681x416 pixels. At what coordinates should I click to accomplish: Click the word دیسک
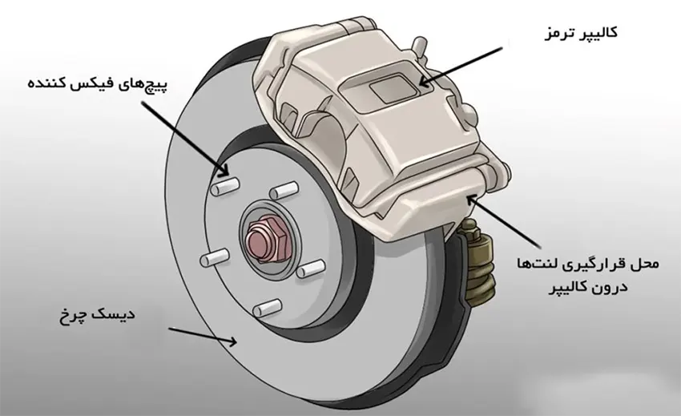[x=115, y=314]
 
